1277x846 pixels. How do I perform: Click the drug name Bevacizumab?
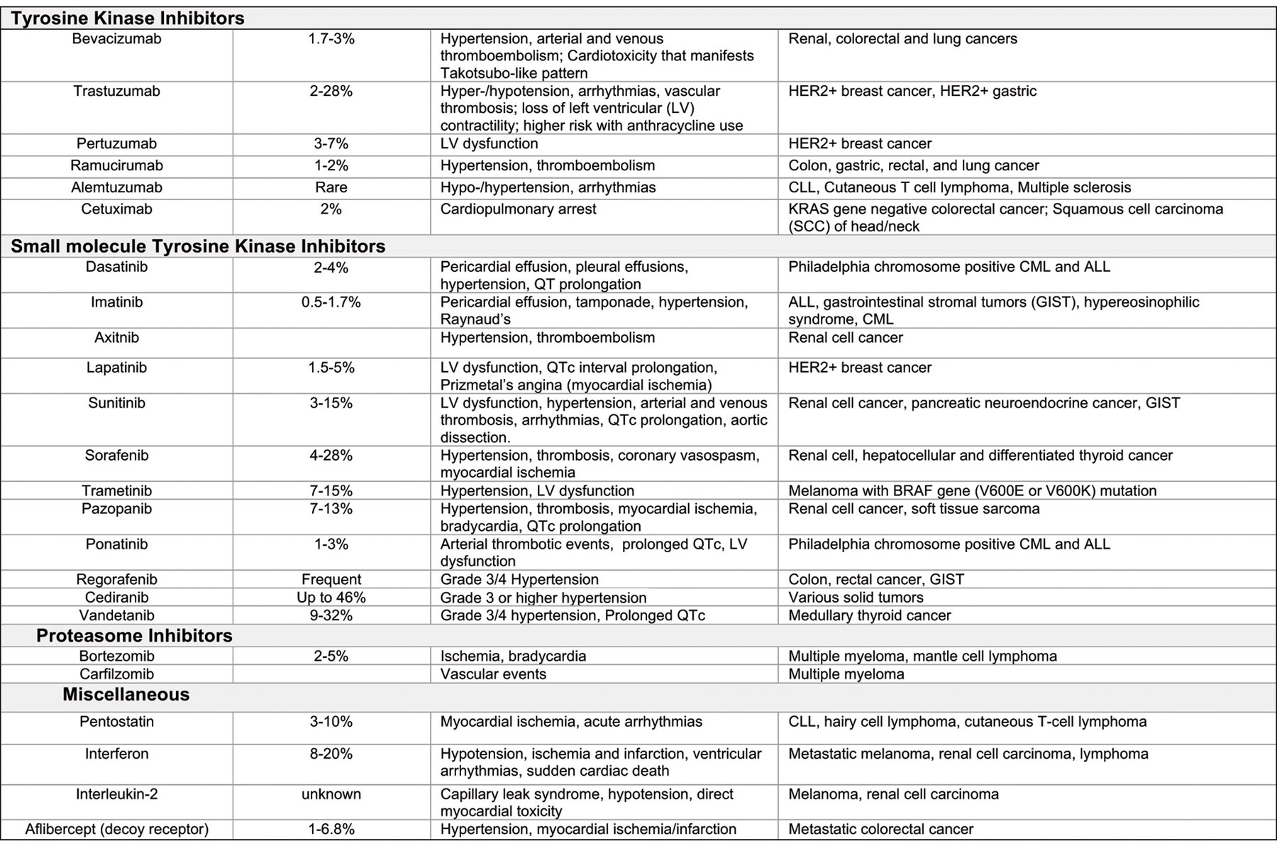click(116, 39)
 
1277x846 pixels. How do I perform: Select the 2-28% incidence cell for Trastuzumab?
click(331, 92)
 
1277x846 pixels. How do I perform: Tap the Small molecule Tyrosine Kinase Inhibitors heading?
click(198, 246)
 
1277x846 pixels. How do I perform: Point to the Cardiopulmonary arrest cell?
click(518, 209)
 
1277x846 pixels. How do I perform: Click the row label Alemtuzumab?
click(116, 188)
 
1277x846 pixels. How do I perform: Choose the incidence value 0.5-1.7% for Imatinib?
click(331, 302)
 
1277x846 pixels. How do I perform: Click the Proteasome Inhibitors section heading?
click(134, 635)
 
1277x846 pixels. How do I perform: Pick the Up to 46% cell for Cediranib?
click(331, 598)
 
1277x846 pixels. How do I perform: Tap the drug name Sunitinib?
click(116, 403)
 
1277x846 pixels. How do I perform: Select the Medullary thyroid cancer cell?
click(869, 615)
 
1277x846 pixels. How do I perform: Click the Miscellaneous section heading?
click(126, 694)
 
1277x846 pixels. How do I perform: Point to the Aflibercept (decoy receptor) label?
click(116, 829)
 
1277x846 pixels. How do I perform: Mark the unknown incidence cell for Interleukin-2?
click(331, 794)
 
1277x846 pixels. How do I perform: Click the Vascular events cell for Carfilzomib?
click(493, 674)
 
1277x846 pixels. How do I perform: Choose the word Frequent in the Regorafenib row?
click(331, 580)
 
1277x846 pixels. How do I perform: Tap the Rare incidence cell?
click(331, 188)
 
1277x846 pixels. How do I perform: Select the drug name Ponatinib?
click(116, 544)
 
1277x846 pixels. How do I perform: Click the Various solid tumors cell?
click(856, 598)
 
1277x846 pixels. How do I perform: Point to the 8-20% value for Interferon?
click(331, 754)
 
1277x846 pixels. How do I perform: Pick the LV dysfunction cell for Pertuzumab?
click(489, 144)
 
